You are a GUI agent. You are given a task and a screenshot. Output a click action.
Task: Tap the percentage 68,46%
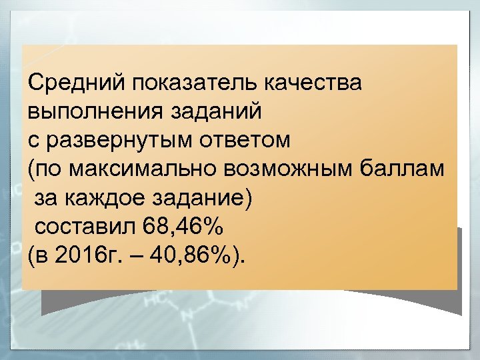tap(183, 227)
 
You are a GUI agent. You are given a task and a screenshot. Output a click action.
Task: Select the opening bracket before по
tap(32, 169)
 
